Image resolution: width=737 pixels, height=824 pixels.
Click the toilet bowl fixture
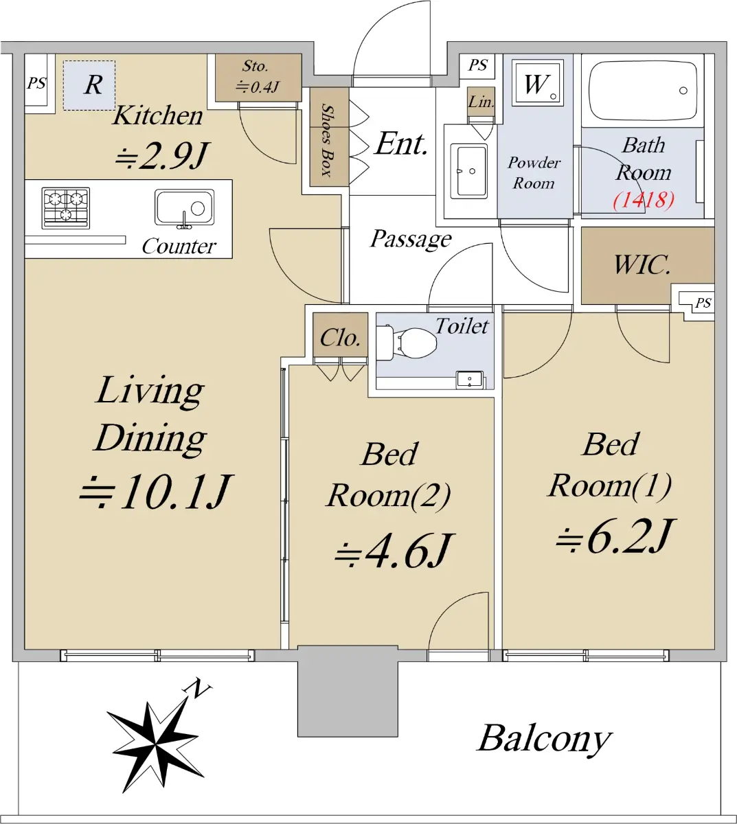[406, 342]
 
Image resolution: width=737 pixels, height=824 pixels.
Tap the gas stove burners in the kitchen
[65, 208]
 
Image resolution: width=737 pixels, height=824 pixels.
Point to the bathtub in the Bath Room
[643, 89]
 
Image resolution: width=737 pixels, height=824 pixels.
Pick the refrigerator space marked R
[89, 85]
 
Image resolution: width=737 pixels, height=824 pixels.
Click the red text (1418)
[644, 200]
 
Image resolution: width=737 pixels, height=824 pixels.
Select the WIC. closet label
[642, 265]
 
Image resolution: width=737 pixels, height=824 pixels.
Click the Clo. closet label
[340, 338]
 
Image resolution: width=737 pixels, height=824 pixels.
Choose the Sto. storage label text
[255, 65]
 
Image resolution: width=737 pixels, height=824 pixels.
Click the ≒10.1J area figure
[157, 492]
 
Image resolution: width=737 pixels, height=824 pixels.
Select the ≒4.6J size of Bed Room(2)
[393, 551]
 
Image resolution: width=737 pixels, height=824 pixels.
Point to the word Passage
[411, 239]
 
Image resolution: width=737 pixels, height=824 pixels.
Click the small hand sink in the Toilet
[470, 380]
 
